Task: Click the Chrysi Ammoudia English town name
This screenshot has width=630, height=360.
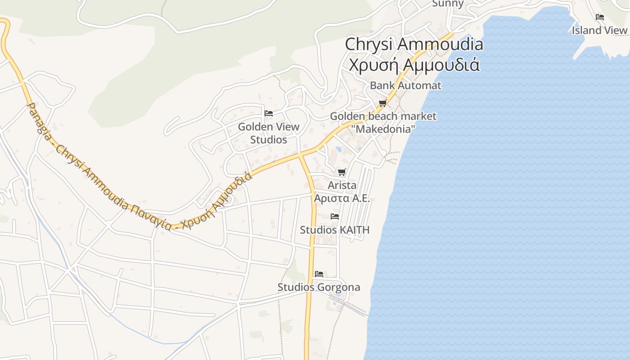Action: point(414,45)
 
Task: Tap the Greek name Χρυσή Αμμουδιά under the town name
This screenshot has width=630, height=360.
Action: point(414,64)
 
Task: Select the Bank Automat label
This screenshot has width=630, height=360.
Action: point(405,85)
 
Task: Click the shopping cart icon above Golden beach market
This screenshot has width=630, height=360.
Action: point(382,103)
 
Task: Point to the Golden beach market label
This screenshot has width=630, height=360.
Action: point(383,116)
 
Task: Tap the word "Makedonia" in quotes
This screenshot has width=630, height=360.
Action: point(383,129)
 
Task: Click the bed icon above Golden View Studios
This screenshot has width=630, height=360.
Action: point(269,113)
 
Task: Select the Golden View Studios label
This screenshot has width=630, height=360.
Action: point(269,133)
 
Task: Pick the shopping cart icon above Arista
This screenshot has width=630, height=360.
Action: point(342,172)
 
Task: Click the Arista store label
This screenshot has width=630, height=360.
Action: point(342,185)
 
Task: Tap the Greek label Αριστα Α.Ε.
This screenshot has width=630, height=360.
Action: point(342,198)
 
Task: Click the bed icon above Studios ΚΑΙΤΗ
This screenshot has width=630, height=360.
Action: point(335,216)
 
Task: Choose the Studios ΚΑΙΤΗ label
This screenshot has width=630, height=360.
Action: point(335,230)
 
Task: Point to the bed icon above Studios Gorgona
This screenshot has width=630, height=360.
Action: point(319,274)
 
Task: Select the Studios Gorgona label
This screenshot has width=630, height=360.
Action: point(319,287)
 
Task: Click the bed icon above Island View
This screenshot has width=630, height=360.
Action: point(599,17)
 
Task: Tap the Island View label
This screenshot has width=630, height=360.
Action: point(599,30)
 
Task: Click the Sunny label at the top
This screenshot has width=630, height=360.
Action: point(448,4)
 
